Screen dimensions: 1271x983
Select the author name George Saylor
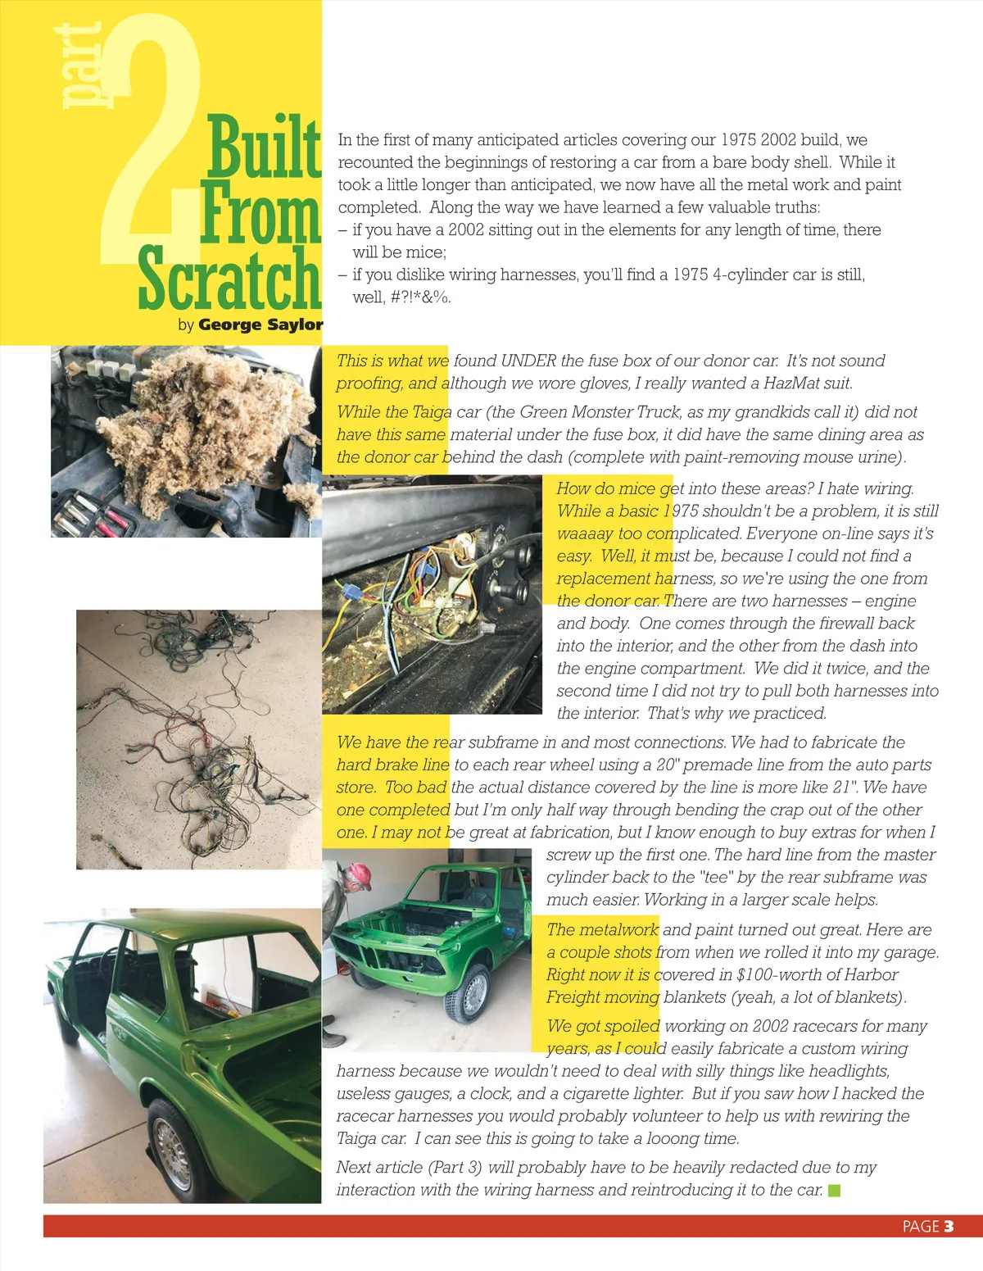(x=260, y=325)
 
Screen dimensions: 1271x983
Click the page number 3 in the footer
(x=949, y=1226)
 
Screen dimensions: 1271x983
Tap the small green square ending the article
(x=834, y=1190)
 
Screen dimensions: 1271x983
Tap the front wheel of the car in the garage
(x=473, y=994)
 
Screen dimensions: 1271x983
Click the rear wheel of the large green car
(x=178, y=1147)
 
